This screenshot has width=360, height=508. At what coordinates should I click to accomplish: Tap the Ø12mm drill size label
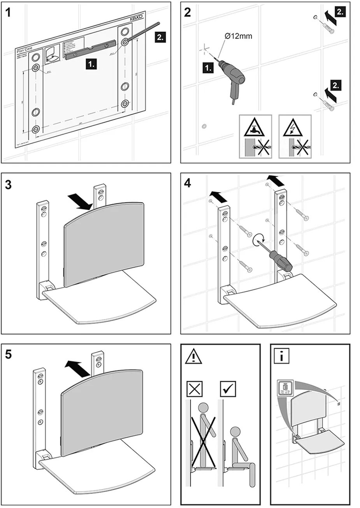238,36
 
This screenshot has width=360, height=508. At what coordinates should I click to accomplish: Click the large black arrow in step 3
80,200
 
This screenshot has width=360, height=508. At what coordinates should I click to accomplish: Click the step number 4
188,183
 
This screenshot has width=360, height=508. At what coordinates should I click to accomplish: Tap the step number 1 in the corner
9,13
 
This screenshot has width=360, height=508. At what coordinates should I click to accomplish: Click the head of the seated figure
235,432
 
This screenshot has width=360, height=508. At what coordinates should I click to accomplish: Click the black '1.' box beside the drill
209,69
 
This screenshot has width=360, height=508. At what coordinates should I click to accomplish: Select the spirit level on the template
90,51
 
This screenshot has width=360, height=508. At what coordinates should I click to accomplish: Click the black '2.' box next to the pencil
160,37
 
